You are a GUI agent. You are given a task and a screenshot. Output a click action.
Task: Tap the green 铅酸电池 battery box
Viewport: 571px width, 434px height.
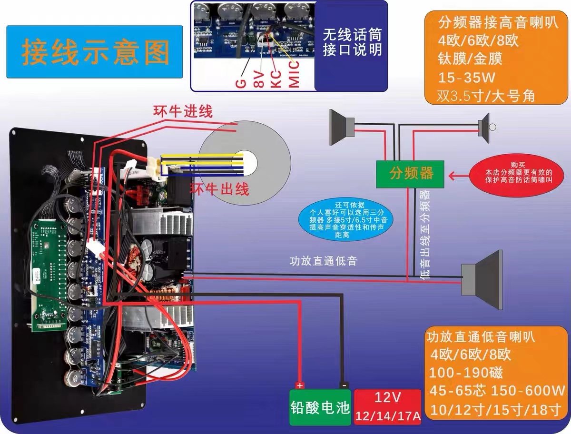pyautogui.click(x=320, y=407)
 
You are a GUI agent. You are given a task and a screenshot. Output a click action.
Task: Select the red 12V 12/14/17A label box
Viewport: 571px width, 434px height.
pyautogui.click(x=387, y=407)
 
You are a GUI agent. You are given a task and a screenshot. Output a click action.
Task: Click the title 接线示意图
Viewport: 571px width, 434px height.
pyautogui.click(x=95, y=52)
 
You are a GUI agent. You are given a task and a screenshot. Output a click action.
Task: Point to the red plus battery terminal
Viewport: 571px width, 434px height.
pyautogui.click(x=299, y=385)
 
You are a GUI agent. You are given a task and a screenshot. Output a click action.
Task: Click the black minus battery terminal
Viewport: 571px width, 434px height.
pyautogui.click(x=343, y=385)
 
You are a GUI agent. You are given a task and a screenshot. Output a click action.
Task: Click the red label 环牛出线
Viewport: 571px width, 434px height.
pyautogui.click(x=219, y=189)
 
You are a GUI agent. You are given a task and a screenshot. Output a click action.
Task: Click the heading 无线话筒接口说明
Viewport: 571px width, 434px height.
pyautogui.click(x=352, y=42)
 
